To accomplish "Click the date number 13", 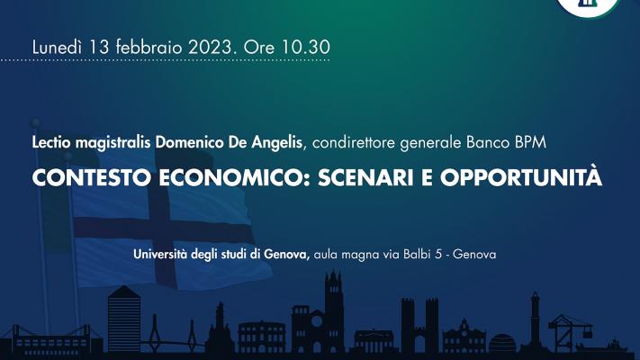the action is [98, 47].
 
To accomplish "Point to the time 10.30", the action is [306, 47].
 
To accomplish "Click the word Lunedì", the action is [57, 47].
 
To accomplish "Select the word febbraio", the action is [149, 47].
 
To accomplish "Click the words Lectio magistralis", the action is [92, 143].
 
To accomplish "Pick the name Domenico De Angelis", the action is [230, 143].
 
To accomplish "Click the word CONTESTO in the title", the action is [92, 177].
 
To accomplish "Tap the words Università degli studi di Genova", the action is [221, 255].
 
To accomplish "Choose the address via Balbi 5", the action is [412, 255].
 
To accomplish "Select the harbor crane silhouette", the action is [570, 331].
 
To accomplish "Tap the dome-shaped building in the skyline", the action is [502, 344].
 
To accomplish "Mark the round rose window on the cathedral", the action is [317, 321].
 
